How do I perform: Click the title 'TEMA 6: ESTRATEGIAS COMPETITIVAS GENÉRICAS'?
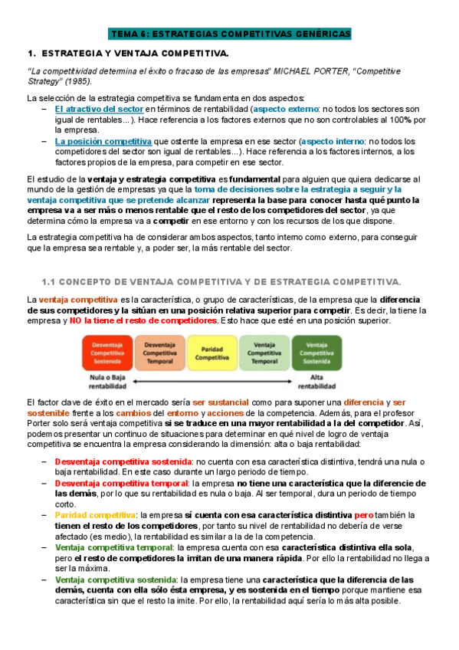[229, 35]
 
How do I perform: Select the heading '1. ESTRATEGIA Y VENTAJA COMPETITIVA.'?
[127, 54]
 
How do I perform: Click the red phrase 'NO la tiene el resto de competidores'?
[143, 320]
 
